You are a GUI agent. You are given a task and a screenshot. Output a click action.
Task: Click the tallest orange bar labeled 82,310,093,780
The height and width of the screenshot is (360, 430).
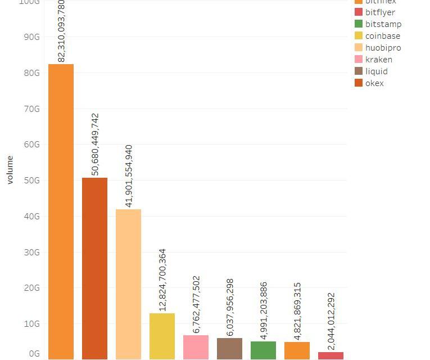61,211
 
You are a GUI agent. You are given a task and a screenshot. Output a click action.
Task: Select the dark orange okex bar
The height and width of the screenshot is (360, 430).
94,268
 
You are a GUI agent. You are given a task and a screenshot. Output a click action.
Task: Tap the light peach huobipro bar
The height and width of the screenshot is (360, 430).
128,283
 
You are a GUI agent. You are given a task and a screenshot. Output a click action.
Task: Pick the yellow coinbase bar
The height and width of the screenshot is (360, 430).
162,336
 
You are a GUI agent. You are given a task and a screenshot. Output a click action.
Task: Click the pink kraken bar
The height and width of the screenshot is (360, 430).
196,347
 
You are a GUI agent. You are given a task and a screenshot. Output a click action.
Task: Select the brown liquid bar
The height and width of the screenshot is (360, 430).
229,348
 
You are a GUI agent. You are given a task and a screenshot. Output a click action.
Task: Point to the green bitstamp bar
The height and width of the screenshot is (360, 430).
263,350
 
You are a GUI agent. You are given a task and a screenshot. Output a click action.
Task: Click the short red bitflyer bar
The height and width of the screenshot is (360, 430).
331,355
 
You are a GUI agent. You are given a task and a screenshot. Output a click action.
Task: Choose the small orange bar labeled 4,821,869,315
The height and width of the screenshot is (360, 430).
297,350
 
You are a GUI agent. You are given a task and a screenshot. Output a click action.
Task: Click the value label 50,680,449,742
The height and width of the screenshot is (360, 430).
95,145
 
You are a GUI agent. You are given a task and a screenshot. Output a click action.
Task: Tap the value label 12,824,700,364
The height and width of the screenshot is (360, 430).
162,280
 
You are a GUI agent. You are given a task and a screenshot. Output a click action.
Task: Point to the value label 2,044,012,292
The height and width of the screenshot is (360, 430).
331,321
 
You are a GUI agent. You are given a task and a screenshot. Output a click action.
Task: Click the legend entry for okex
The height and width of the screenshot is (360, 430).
374,83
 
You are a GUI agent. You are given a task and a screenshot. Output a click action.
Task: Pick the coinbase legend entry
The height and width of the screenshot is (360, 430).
383,36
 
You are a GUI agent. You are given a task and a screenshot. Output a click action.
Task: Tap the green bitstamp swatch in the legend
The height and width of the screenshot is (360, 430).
359,24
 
